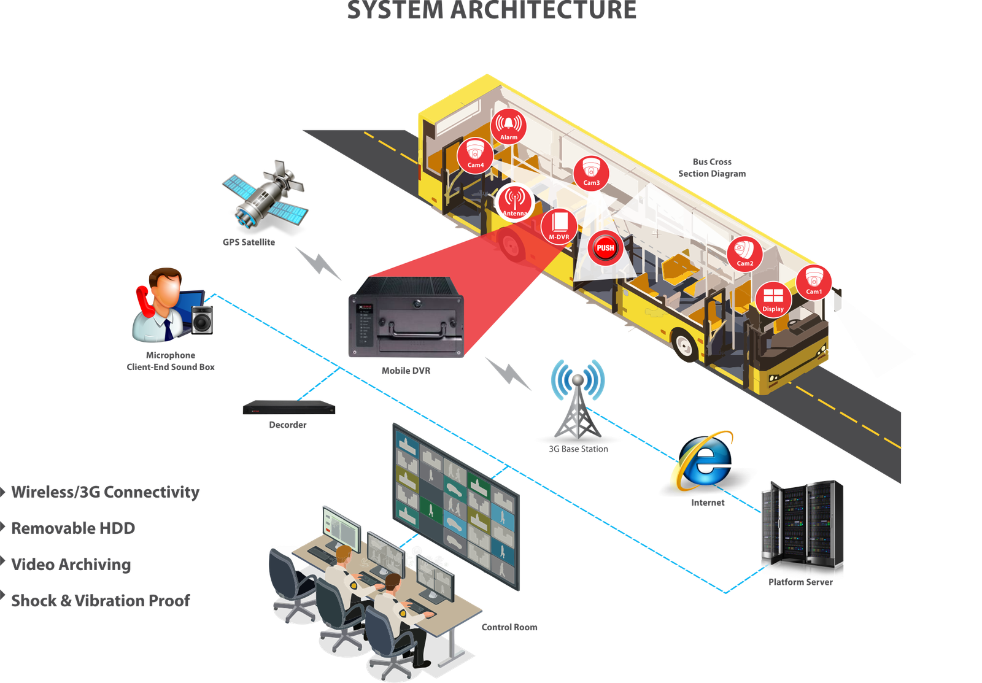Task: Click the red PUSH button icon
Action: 605,248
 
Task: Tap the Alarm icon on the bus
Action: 508,126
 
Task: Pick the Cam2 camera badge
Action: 744,253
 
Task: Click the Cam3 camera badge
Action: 591,172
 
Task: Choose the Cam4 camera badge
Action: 475,155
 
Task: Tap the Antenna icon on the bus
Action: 514,202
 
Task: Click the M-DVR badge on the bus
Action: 559,226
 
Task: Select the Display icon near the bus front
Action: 773,299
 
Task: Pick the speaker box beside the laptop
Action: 202,320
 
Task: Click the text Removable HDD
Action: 73,528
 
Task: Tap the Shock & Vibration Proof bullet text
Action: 101,600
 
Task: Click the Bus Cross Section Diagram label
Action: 712,168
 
